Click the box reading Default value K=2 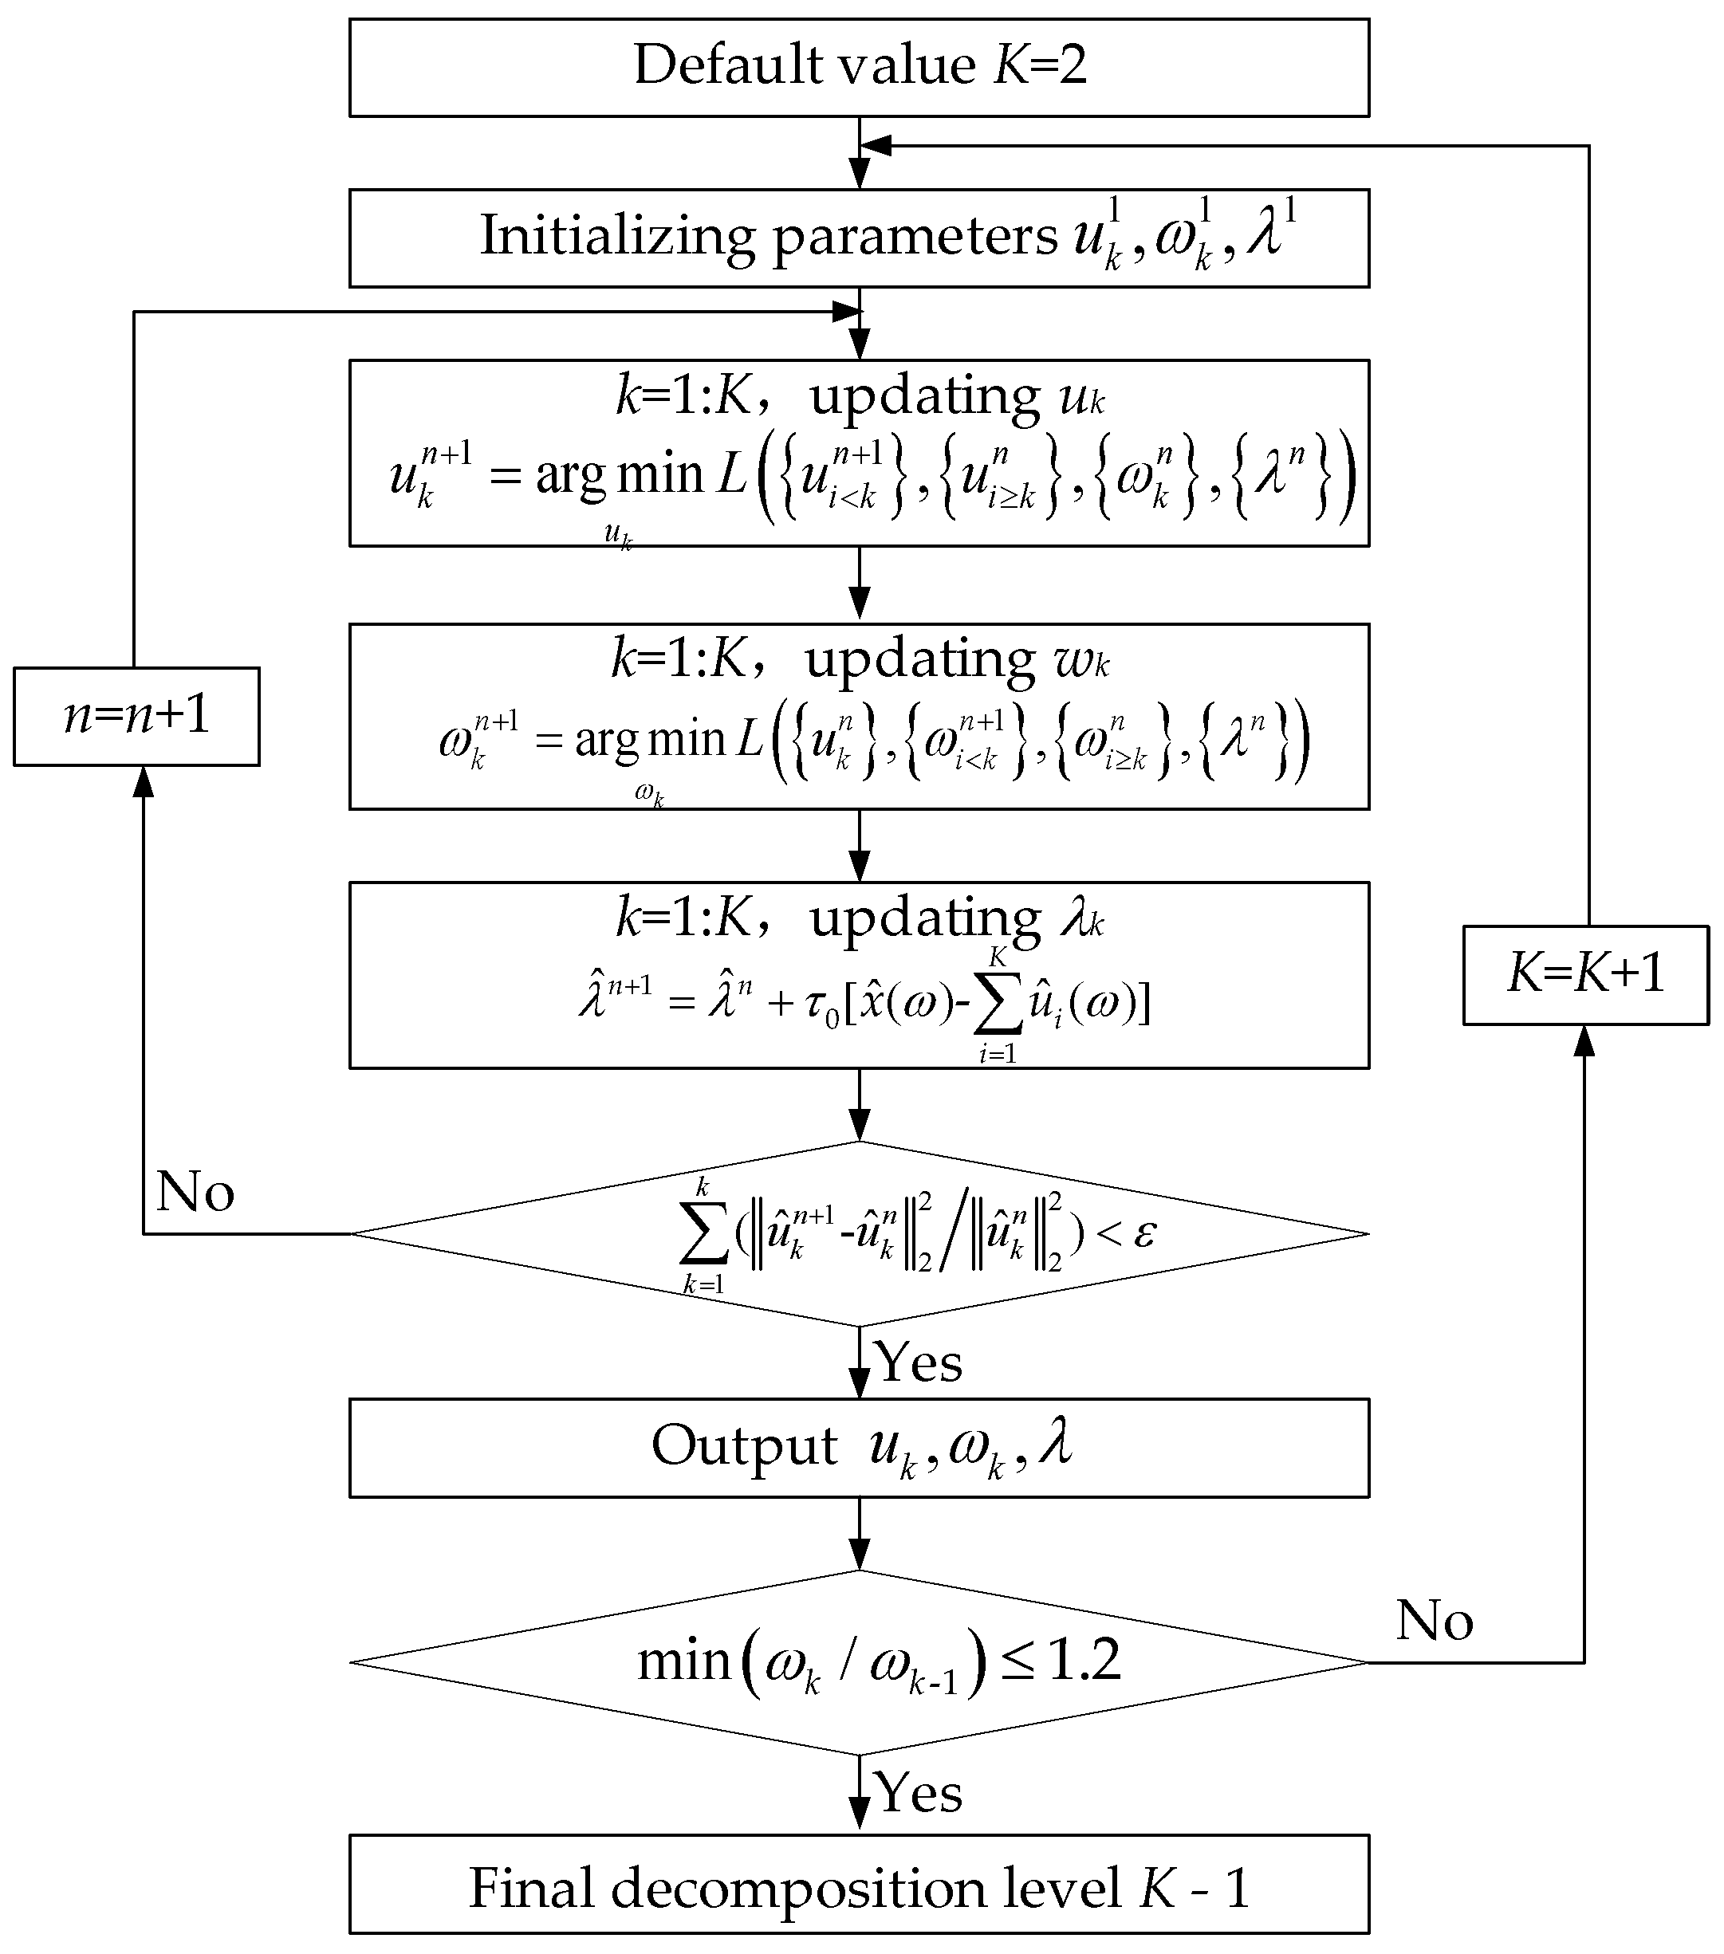859,67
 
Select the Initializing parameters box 859,238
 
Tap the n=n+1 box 136,716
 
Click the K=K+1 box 1584,975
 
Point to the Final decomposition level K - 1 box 859,1888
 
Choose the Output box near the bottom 859,1447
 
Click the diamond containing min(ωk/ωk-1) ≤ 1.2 859,1662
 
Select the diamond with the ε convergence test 859,1234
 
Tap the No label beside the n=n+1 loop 195,1192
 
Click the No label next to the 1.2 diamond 1435,1622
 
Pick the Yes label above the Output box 919,1362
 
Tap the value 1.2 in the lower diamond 1084,1661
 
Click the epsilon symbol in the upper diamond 1143,1233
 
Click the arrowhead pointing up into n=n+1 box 144,781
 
